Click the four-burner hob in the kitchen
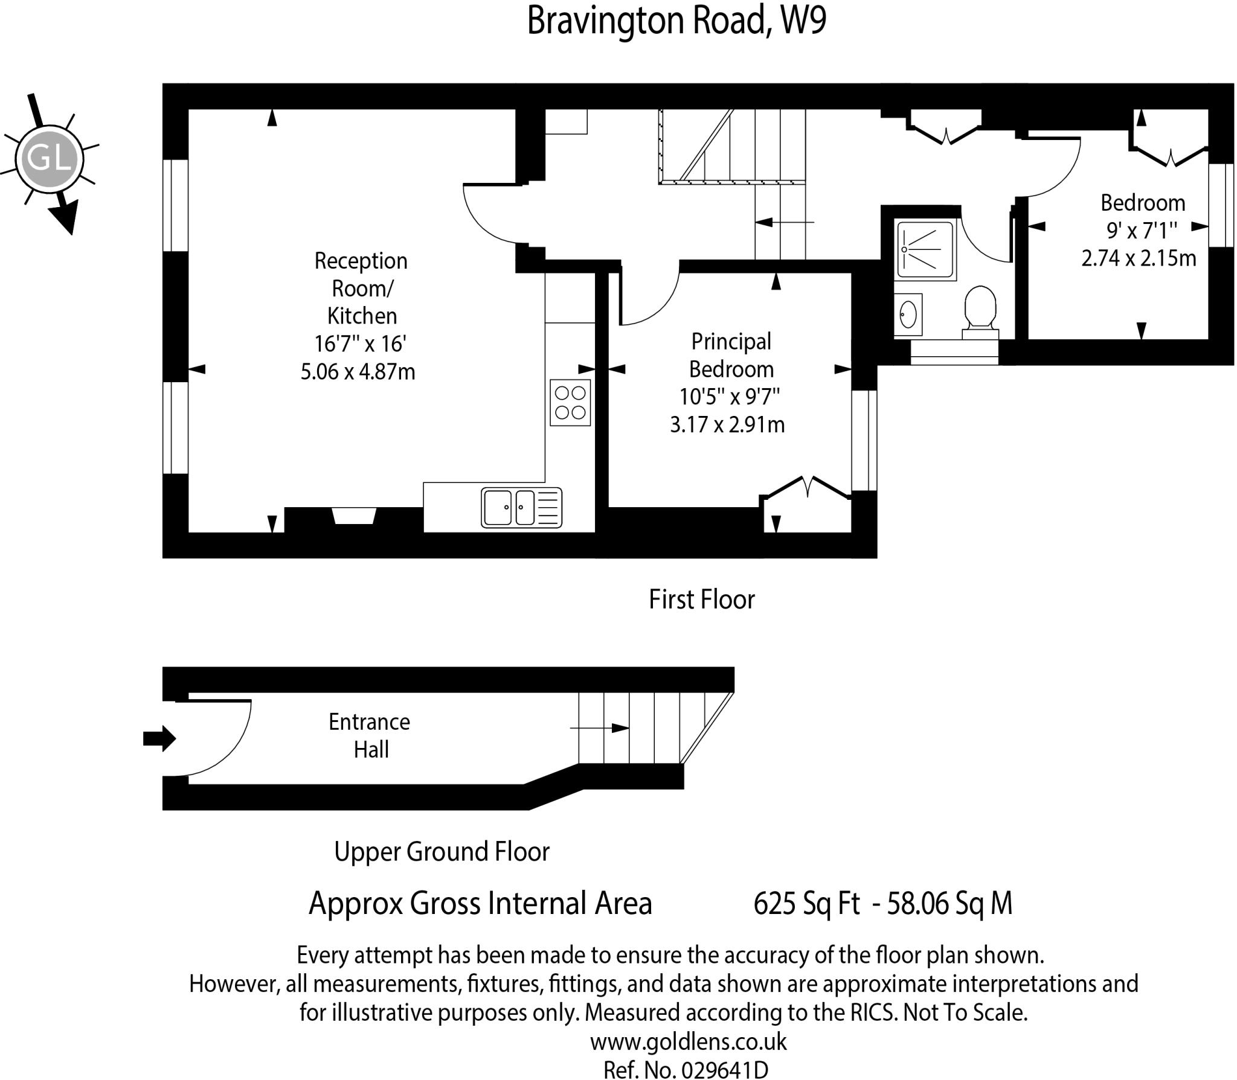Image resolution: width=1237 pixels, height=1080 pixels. pos(570,402)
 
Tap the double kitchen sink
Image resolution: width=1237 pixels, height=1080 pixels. pos(521,507)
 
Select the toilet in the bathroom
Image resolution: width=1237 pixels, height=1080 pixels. pos(980,310)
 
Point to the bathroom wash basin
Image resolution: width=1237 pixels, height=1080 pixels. pos(908,315)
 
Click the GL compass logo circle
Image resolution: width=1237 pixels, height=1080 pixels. pos(49,159)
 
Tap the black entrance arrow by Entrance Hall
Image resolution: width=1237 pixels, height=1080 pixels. pos(159,738)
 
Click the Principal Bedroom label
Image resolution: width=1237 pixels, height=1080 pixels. pos(731,355)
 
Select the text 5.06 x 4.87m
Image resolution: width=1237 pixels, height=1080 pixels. pos(358,371)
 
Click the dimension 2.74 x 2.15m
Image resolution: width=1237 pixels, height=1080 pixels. pos(1138,258)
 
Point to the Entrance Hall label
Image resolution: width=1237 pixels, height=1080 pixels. pos(370,735)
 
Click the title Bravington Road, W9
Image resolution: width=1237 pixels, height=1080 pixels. pos(676,21)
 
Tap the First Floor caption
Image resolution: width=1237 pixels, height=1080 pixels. pos(701,599)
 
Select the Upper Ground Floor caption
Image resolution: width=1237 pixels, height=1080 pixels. pos(442,851)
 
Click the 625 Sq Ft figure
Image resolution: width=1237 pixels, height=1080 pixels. pos(806,904)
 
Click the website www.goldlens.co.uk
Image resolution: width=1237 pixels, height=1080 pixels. pos(688,1041)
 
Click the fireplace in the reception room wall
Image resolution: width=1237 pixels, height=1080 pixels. pos(355,516)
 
